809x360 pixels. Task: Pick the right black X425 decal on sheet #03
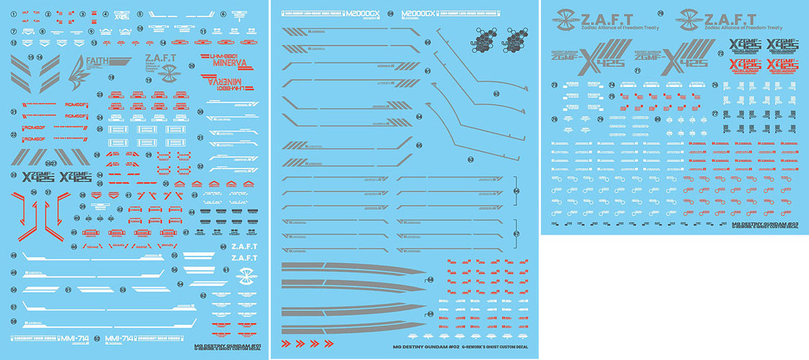pyautogui.click(x=784, y=48)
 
